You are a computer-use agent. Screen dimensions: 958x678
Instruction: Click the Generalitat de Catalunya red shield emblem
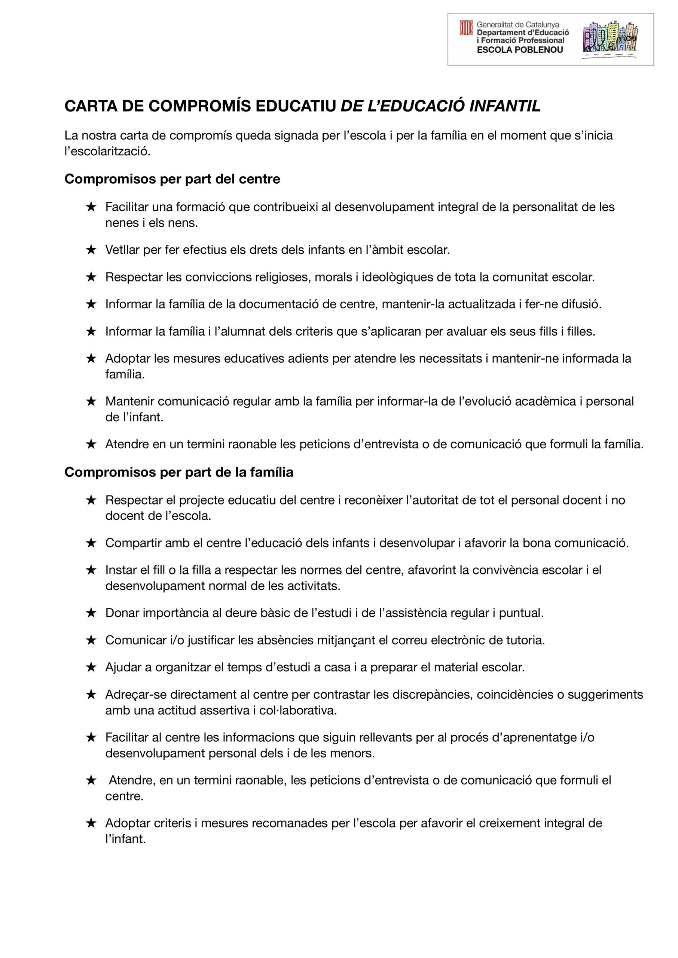tap(466, 28)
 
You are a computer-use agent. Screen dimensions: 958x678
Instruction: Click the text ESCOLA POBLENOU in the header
tap(520, 50)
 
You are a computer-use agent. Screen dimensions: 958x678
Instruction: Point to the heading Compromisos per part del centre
tap(172, 179)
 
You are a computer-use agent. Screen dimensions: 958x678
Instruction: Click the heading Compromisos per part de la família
tap(179, 472)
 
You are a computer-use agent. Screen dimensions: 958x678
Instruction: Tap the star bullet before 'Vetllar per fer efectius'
tap(91, 250)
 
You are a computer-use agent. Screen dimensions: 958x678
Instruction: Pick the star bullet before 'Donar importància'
tap(91, 613)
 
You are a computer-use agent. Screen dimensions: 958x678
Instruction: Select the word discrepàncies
tap(430, 695)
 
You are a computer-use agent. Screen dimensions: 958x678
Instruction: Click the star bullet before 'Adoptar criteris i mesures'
tap(91, 823)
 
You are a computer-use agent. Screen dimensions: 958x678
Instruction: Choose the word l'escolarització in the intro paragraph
tap(107, 152)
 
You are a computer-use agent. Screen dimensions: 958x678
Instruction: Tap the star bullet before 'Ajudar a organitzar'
tap(91, 668)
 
